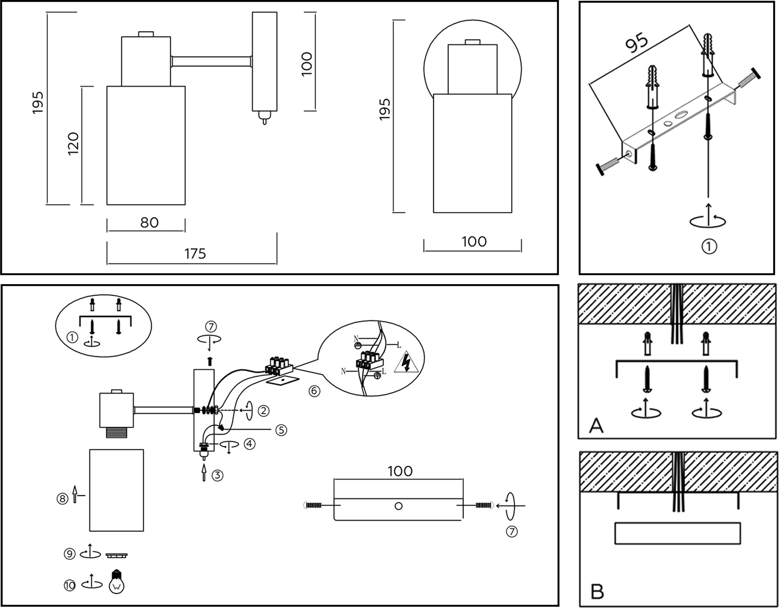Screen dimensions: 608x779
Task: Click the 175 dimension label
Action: pyautogui.click(x=195, y=254)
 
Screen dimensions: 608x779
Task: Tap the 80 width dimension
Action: pyautogui.click(x=149, y=222)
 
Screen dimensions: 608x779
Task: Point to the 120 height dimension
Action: pyautogui.click(x=73, y=143)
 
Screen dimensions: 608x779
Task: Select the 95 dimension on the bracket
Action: pyautogui.click(x=637, y=42)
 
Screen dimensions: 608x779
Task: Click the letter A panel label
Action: pyautogui.click(x=596, y=426)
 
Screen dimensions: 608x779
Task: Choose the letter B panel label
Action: pyautogui.click(x=597, y=591)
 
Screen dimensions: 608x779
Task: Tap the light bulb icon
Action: pyautogui.click(x=116, y=582)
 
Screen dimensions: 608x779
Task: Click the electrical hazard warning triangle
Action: pyautogui.click(x=405, y=363)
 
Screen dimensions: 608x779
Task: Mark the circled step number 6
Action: pyautogui.click(x=314, y=391)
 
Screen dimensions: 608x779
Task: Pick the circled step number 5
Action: pyautogui.click(x=281, y=430)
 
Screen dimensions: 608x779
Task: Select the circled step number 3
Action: pyautogui.click(x=217, y=475)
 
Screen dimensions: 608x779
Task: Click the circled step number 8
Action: pyautogui.click(x=63, y=498)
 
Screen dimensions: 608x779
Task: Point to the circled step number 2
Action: pyautogui.click(x=263, y=411)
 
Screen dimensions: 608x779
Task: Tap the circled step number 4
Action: pyautogui.click(x=249, y=444)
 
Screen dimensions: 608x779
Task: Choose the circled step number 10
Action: pyautogui.click(x=69, y=585)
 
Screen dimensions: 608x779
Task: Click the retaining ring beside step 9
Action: pyautogui.click(x=116, y=555)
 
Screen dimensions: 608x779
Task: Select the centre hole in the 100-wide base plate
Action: pyautogui.click(x=398, y=506)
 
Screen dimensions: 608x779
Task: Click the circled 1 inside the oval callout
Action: pyautogui.click(x=72, y=338)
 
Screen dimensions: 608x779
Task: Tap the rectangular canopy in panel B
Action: pyautogui.click(x=677, y=533)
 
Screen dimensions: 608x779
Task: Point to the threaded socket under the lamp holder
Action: pyautogui.click(x=116, y=432)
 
